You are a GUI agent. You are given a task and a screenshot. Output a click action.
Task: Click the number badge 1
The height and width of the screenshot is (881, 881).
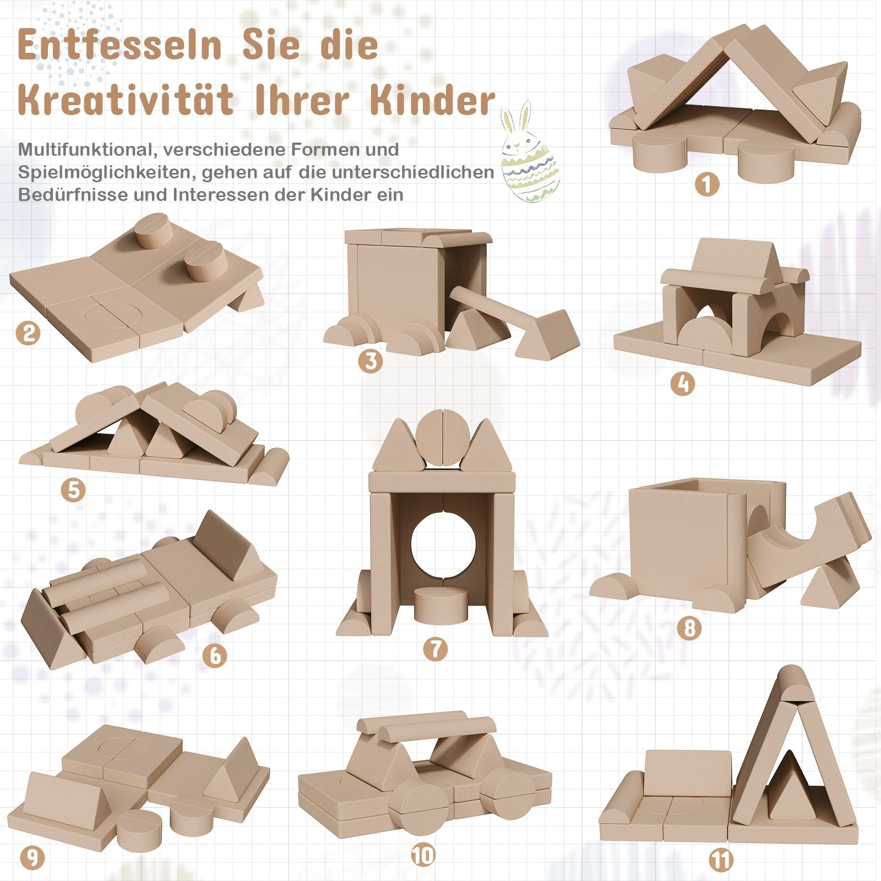tap(706, 184)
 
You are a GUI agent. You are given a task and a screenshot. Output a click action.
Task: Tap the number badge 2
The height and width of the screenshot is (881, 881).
tap(28, 333)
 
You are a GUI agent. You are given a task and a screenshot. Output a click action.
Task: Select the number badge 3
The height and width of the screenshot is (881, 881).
tap(370, 361)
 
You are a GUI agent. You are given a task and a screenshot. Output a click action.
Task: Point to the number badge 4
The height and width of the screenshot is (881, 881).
tap(683, 383)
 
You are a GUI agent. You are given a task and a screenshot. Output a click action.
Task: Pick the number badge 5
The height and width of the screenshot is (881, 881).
tap(73, 489)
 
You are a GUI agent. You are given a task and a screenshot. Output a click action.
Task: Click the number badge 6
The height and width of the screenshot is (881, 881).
tap(215, 655)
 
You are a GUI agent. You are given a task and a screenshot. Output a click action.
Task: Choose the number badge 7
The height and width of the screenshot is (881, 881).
tap(436, 649)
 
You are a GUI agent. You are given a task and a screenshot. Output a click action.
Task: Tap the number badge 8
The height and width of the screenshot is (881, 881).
tap(689, 628)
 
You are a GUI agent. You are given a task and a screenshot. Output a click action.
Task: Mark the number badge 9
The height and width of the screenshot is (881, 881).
tap(32, 857)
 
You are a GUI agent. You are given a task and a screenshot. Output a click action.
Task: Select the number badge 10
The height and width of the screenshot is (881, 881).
tap(423, 855)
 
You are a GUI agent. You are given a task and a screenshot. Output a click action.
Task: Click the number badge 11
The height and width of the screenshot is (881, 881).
tap(721, 860)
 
